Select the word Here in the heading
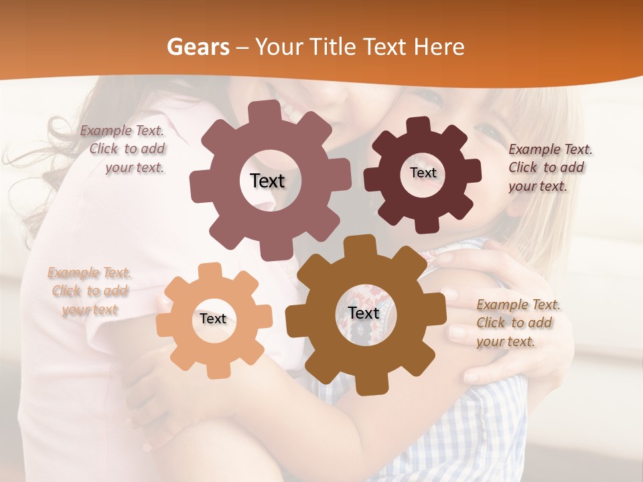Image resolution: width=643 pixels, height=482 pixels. [439, 47]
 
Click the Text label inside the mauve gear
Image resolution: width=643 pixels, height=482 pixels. [267, 181]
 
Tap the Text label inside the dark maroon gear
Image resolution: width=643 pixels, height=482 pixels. [423, 173]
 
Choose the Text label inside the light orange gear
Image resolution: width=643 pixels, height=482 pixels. [213, 319]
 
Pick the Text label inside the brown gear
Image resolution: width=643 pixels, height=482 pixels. [364, 313]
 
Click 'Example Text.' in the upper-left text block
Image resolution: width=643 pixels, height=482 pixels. [122, 131]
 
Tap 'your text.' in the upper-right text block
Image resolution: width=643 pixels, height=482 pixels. [537, 186]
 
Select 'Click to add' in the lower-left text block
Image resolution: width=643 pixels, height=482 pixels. [90, 291]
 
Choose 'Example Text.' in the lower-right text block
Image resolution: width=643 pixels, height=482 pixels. [518, 305]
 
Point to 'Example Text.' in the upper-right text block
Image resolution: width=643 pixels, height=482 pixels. [551, 149]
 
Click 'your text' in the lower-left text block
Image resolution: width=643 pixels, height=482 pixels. [90, 309]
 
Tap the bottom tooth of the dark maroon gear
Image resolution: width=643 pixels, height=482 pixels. [425, 225]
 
